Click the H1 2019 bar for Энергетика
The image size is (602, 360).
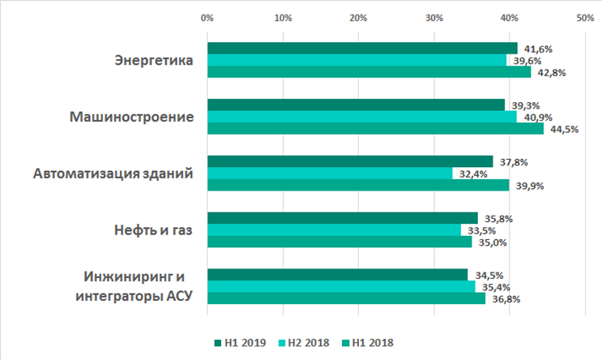pyautogui.click(x=362, y=49)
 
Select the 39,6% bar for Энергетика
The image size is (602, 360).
pyautogui.click(x=357, y=60)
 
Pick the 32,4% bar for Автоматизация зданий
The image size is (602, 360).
pyautogui.click(x=330, y=173)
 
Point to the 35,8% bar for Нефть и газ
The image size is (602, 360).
pyautogui.click(x=342, y=217)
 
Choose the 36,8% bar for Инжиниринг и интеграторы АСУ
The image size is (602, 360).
pyautogui.click(x=346, y=298)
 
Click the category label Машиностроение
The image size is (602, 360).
pyautogui.click(x=131, y=117)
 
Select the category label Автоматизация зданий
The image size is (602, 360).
pyautogui.click(x=113, y=174)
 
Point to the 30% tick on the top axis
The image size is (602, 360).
pyautogui.click(x=434, y=17)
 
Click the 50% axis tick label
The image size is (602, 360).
pyautogui.click(x=585, y=17)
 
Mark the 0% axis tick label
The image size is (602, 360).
pyautogui.click(x=207, y=17)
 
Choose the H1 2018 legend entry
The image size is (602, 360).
pyautogui.click(x=370, y=342)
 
